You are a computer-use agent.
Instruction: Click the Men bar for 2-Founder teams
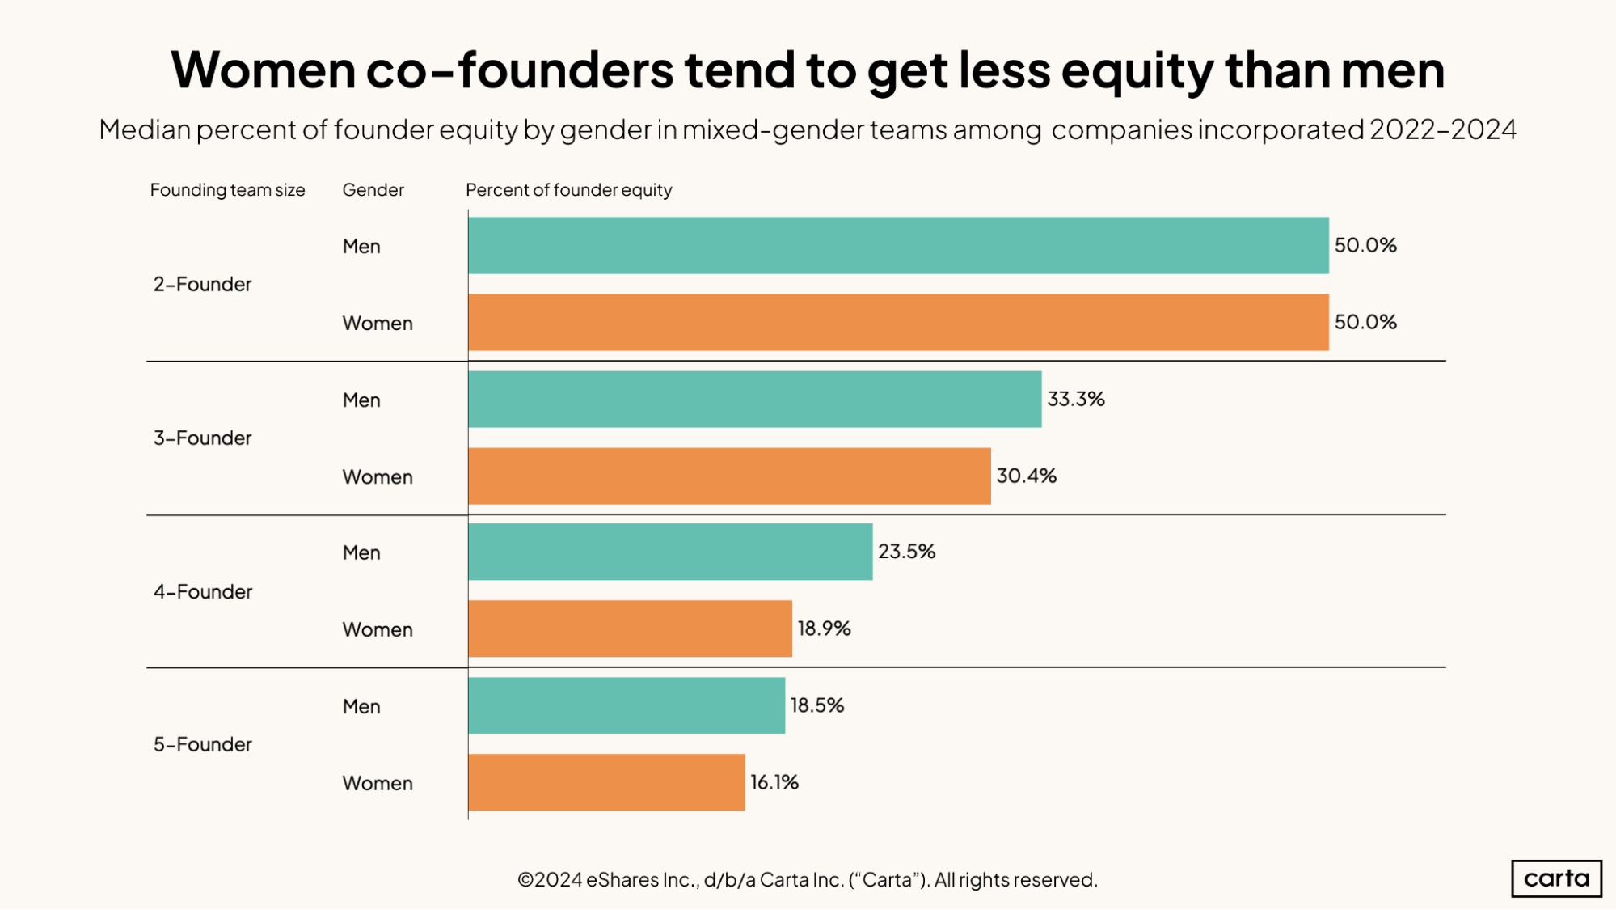(x=897, y=245)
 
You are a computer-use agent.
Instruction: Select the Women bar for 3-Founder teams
(x=729, y=476)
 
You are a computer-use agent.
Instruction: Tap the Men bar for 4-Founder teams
(x=670, y=552)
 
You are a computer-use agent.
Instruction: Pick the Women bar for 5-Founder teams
(x=606, y=782)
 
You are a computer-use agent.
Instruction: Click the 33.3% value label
(x=1075, y=399)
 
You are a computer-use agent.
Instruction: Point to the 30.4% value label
(x=1026, y=476)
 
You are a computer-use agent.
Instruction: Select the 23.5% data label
(x=906, y=552)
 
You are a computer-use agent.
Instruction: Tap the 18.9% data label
(x=824, y=629)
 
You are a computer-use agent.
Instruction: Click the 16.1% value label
(x=774, y=782)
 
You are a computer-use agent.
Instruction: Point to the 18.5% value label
(x=816, y=705)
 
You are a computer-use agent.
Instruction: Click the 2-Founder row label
(x=202, y=284)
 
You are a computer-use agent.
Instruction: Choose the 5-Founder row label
(x=202, y=744)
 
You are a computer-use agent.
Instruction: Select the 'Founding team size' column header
(x=227, y=190)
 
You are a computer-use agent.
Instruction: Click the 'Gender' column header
(x=373, y=190)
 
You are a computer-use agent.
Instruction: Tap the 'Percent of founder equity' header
(x=568, y=190)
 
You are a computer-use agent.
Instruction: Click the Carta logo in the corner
(x=1556, y=878)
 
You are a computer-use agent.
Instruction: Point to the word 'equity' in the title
(x=1136, y=71)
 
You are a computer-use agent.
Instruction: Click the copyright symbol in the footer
(x=525, y=880)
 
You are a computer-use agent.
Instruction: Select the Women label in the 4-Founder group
(x=378, y=629)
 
